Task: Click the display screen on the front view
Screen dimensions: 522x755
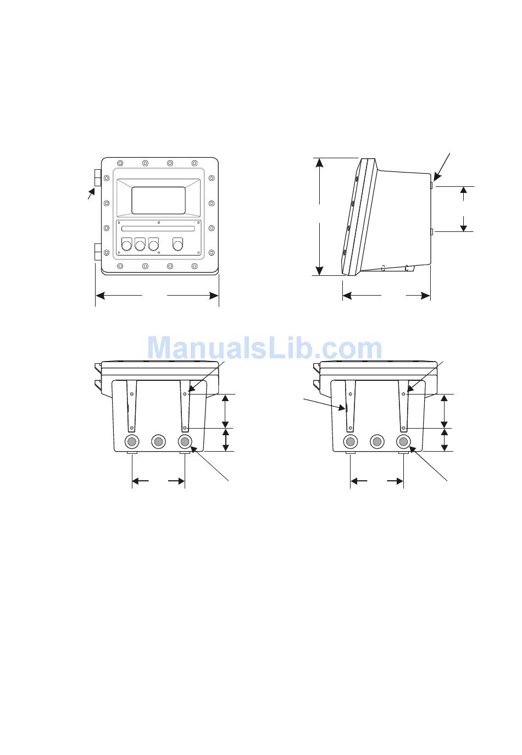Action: pyautogui.click(x=158, y=200)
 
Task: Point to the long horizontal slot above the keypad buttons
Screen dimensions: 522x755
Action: pyautogui.click(x=158, y=229)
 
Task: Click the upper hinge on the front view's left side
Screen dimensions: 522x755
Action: pyautogui.click(x=98, y=177)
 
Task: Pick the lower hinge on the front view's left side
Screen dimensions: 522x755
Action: pyautogui.click(x=98, y=252)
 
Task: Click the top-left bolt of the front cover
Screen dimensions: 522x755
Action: pyautogui.click(x=120, y=163)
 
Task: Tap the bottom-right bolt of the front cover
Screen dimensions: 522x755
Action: pyautogui.click(x=195, y=267)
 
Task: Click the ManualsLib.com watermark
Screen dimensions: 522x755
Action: pyautogui.click(x=264, y=348)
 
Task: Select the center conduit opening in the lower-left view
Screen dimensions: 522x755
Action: pyautogui.click(x=158, y=442)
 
